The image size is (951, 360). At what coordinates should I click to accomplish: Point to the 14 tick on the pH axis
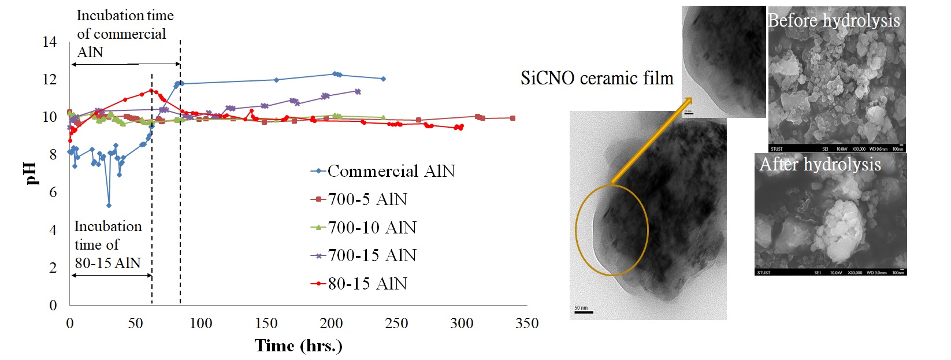pos(50,42)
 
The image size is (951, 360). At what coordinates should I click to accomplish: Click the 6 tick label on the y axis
pos(53,192)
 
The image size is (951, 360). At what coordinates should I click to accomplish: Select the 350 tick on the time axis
pos(527,323)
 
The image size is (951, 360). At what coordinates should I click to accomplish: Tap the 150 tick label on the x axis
pos(266,323)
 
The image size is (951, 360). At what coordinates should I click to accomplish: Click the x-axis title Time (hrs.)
pos(298,346)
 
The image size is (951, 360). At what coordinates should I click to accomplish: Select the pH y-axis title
pos(32,173)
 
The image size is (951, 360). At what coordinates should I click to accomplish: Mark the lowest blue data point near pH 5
pos(109,205)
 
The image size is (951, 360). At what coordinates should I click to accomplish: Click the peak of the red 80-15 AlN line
pos(151,90)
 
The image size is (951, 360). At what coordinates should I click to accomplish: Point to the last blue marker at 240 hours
pos(383,79)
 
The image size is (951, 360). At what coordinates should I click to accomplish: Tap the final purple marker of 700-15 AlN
pos(358,91)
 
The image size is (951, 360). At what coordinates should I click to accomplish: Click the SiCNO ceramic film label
pos(597,79)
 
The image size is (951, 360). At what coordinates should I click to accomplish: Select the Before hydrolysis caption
pos(834,21)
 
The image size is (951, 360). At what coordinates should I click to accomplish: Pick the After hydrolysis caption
pos(820,165)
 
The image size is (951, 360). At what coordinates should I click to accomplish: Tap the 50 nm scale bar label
pos(581,308)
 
